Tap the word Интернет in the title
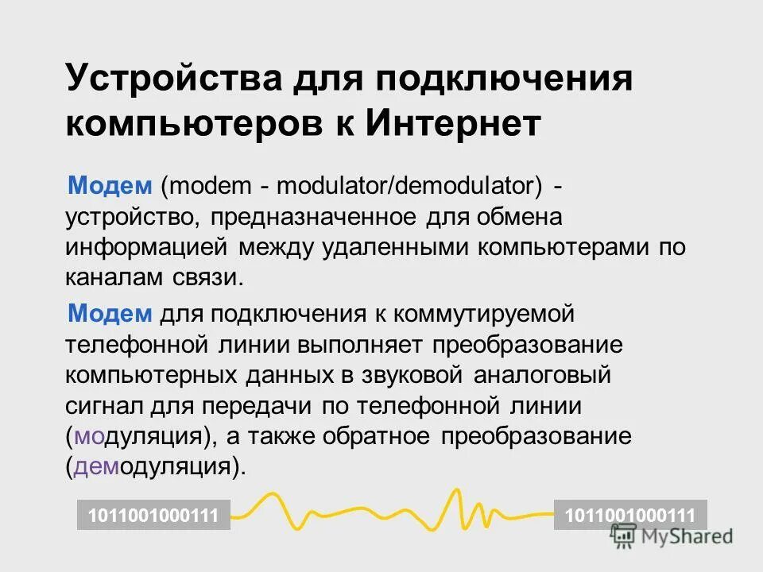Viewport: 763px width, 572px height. point(454,125)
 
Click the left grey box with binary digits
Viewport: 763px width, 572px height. point(153,515)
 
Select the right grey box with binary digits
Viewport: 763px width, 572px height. point(630,515)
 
